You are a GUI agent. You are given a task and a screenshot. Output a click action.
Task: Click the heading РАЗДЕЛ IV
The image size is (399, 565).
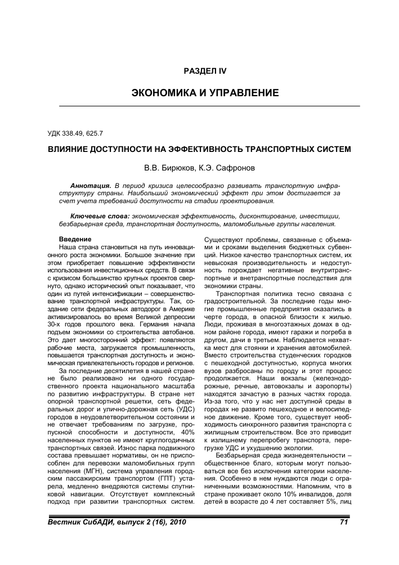(x=205, y=70)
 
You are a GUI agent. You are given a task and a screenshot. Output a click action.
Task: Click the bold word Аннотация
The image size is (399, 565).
(x=91, y=185)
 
